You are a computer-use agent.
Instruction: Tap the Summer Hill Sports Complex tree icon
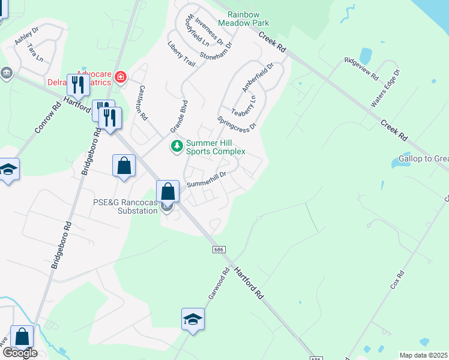click(x=177, y=146)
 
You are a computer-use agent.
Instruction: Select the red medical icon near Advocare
click(x=121, y=77)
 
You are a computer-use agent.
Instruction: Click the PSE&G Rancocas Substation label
click(x=125, y=206)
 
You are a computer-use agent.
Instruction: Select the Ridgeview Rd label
click(x=361, y=68)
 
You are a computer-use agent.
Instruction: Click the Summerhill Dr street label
click(x=205, y=179)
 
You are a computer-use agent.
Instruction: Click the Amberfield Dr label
click(x=258, y=77)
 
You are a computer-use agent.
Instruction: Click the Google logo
click(x=20, y=353)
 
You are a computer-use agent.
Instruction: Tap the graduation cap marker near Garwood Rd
click(x=193, y=319)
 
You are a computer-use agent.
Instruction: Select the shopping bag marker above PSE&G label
click(x=169, y=191)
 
